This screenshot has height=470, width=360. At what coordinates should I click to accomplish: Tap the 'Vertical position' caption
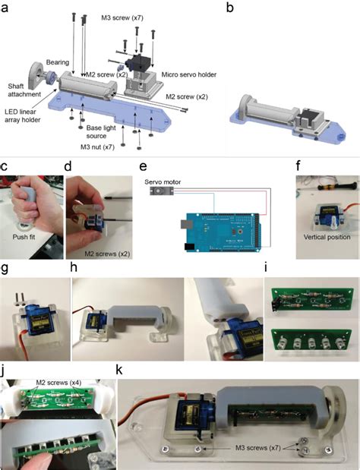[x=322, y=237]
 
